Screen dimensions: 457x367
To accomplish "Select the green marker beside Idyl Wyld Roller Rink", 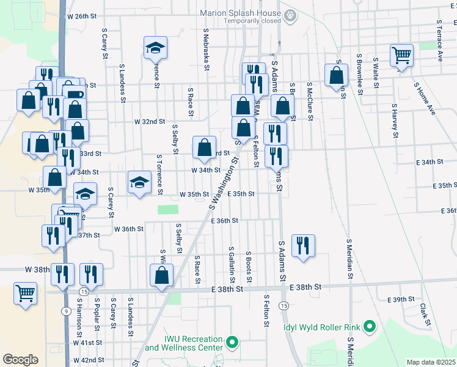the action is point(369,326).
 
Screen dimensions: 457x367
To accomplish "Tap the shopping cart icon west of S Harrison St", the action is point(25,293).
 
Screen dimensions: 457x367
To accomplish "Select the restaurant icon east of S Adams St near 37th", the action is point(303,246).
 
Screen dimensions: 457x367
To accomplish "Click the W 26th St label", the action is point(82,16).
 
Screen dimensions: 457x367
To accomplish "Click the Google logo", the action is point(21,360).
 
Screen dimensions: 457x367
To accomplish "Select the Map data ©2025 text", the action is point(431,362).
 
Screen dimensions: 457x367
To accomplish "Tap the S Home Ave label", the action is point(424,98).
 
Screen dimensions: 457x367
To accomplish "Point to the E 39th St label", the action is point(401,299).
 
